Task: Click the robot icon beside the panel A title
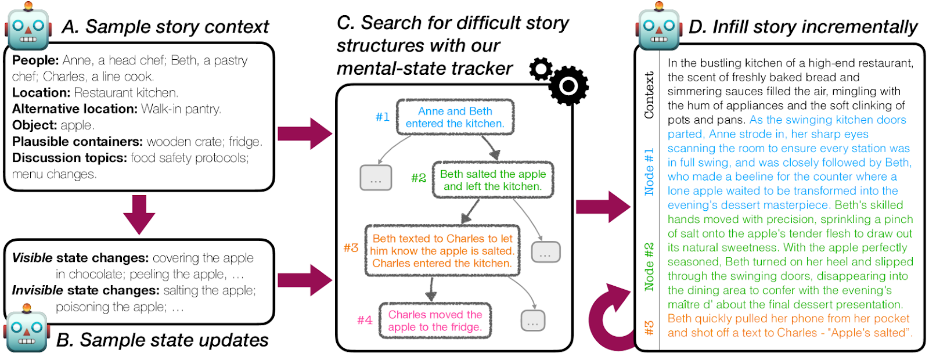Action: pyautogui.click(x=27, y=27)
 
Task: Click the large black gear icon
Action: pyautogui.click(x=568, y=86)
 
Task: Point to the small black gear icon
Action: pyautogui.click(x=541, y=69)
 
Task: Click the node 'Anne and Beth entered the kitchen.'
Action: pyautogui.click(x=455, y=117)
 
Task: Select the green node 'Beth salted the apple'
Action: pyautogui.click(x=492, y=180)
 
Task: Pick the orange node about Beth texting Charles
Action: pyautogui.click(x=442, y=250)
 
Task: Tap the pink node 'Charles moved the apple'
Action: pyautogui.click(x=435, y=321)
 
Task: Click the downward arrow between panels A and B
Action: pyautogui.click(x=139, y=214)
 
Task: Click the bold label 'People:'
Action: pyautogui.click(x=35, y=60)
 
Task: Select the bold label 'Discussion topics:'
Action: pyautogui.click(x=69, y=158)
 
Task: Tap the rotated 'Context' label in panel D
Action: pyautogui.click(x=649, y=95)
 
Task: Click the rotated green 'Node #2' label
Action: pyautogui.click(x=649, y=267)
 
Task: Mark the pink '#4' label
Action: pyautogui.click(x=365, y=320)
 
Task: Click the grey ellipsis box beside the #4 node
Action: pyautogui.click(x=532, y=321)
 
